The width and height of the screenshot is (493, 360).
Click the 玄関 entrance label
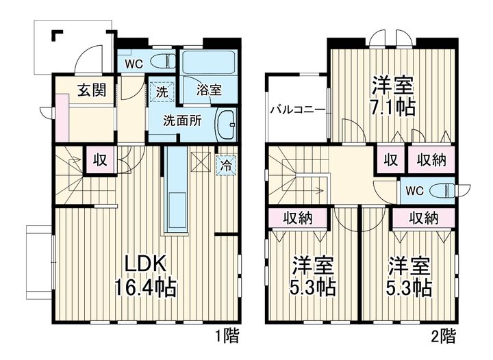(x=92, y=90)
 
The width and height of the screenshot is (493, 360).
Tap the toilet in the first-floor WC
(x=163, y=61)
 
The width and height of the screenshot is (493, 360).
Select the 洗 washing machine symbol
(x=162, y=92)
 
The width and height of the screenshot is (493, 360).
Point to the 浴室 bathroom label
(x=209, y=90)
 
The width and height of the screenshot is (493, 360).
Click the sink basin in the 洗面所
(x=225, y=125)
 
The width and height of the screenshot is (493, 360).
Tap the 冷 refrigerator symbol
(x=226, y=165)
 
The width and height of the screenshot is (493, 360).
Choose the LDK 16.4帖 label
(x=145, y=277)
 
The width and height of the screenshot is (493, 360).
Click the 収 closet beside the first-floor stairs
(x=100, y=159)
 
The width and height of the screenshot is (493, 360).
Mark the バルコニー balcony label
(x=298, y=110)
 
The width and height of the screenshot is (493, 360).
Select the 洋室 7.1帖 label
(x=393, y=96)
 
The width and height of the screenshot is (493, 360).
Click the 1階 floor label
(x=227, y=336)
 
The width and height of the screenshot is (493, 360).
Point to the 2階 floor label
(x=443, y=336)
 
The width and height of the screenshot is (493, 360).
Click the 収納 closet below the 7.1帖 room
(x=431, y=160)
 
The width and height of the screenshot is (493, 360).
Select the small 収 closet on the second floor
(x=391, y=160)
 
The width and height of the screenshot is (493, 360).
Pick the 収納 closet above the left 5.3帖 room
(x=297, y=218)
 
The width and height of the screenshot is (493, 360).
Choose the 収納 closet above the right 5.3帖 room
(x=424, y=218)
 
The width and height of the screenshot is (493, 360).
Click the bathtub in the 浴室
(x=209, y=62)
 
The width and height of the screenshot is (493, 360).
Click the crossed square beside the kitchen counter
(x=201, y=162)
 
